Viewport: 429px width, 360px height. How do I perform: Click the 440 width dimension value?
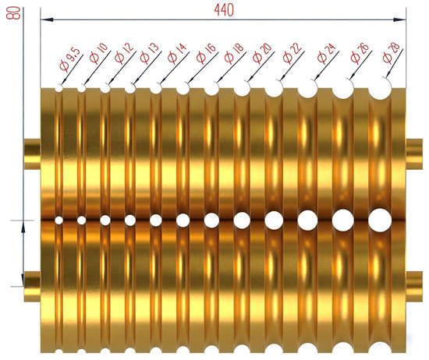coord(224,10)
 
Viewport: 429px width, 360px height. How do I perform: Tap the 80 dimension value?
coord(13,13)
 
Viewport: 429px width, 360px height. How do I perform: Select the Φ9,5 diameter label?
coord(70,59)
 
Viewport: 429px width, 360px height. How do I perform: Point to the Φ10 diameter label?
coord(99,53)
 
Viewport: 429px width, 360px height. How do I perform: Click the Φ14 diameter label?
coord(177,53)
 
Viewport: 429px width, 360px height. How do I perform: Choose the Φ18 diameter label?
coord(234,53)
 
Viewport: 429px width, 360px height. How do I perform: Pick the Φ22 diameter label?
coord(292,53)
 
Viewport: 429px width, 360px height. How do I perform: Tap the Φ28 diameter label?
coord(392,53)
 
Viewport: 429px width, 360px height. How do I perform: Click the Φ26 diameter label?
coord(360,53)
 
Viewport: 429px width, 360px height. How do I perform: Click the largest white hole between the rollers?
coord(380,221)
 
